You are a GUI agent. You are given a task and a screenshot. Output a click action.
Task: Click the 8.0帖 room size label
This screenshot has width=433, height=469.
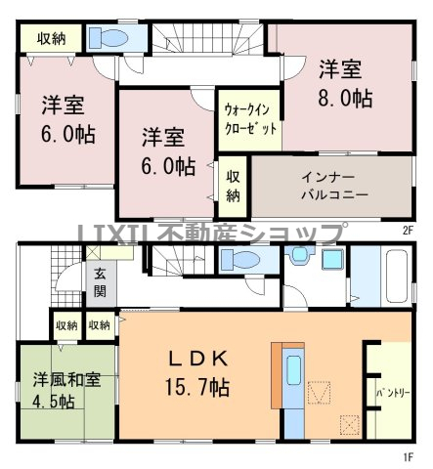click(345, 98)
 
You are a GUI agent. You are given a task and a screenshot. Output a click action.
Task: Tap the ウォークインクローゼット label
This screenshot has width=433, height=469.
click(250, 119)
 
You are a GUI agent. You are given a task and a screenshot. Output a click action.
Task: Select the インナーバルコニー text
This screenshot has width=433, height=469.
click(334, 187)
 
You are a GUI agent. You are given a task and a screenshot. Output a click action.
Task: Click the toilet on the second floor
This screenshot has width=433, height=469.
click(108, 37)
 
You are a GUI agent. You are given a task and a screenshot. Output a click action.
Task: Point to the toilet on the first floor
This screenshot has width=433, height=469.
click(239, 260)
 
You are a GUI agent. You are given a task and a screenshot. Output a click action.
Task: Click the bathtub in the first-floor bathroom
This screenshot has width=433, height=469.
click(397, 277)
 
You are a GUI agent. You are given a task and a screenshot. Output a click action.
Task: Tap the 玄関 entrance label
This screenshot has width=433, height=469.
click(100, 283)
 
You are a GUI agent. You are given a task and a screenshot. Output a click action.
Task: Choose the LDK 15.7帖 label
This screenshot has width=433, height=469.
click(197, 373)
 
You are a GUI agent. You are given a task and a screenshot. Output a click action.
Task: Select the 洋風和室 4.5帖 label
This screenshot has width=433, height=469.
click(66, 391)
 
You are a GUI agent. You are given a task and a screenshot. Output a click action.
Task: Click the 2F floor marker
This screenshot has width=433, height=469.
click(408, 231)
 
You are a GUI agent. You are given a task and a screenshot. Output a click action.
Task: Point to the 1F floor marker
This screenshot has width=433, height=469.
click(409, 457)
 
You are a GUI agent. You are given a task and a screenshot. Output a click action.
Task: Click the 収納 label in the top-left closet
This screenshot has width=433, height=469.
click(52, 38)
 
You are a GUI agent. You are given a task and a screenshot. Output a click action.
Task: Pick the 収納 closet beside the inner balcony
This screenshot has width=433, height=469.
click(233, 187)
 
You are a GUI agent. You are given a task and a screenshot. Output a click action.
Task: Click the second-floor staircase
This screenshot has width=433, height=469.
click(208, 38)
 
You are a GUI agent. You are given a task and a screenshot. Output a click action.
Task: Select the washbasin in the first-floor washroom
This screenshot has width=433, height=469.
click(300, 254)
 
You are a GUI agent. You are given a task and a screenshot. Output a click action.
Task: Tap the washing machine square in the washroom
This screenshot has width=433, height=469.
click(332, 259)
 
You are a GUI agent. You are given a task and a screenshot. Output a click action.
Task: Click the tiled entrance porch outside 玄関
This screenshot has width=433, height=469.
click(66, 277)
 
